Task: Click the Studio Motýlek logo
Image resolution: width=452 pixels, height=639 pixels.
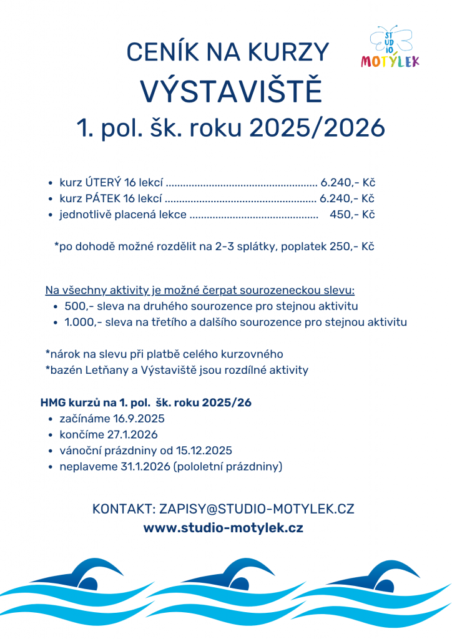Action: [390, 47]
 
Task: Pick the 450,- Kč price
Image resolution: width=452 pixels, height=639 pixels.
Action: [351, 215]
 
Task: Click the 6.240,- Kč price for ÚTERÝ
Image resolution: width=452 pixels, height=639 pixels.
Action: [347, 183]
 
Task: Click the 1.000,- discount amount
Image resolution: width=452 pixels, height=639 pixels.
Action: [83, 323]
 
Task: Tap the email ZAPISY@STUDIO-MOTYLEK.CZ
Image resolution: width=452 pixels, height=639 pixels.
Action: [257, 509]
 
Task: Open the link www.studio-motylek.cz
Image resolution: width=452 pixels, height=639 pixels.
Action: [224, 528]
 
